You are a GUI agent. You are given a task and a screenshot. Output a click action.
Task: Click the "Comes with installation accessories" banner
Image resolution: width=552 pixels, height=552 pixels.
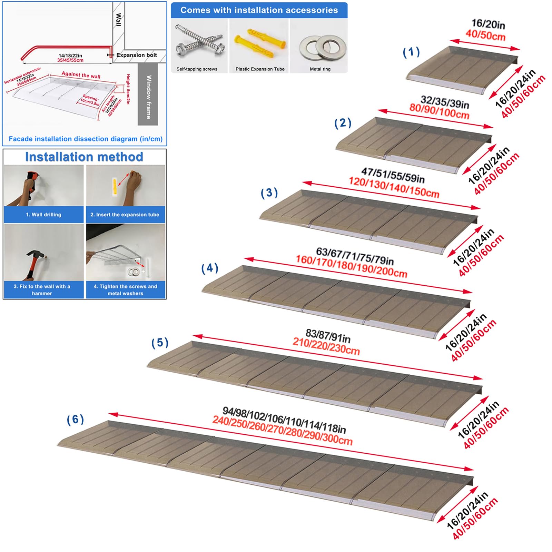click(259, 10)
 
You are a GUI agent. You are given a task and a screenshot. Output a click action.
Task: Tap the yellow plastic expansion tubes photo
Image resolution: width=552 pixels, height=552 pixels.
click(260, 43)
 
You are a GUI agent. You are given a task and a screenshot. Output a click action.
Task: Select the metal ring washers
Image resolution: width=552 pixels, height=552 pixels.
click(323, 47)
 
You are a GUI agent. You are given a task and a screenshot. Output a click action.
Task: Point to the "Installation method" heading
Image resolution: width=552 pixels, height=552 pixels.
click(84, 157)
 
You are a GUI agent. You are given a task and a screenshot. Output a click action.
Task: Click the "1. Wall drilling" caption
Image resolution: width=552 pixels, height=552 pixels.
click(43, 215)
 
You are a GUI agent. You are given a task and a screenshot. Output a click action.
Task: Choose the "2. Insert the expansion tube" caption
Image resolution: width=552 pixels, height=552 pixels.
click(125, 215)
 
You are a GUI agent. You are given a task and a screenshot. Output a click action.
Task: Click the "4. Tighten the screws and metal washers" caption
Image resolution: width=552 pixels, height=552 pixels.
click(125, 290)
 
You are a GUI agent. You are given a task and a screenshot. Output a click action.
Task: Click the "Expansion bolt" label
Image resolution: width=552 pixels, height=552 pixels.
click(137, 55)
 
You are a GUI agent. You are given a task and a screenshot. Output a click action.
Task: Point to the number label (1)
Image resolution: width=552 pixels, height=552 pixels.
click(411, 52)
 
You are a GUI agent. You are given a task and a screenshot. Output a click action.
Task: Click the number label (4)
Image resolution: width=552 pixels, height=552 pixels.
click(210, 268)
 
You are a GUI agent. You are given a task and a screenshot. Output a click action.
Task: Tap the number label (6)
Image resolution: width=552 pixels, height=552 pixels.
click(75, 420)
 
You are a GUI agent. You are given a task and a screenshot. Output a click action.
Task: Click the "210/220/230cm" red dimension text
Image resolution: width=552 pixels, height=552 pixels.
click(326, 346)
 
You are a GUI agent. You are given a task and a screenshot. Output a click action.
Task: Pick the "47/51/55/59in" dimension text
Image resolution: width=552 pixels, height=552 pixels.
click(393, 175)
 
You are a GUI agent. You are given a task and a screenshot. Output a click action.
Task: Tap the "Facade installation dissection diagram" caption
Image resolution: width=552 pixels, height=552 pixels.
click(86, 139)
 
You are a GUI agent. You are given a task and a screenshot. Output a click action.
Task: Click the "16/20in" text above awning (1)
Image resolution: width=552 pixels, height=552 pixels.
click(488, 24)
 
